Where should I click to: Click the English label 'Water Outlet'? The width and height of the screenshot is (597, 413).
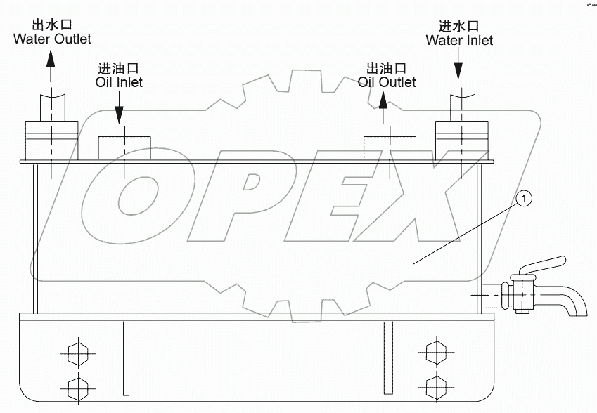point(52,39)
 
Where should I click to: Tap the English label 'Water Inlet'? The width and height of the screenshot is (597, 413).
point(459,40)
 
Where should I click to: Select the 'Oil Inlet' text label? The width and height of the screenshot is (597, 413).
point(119,82)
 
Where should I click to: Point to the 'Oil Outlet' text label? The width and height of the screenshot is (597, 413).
point(387,82)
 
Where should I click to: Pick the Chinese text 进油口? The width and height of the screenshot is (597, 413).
point(119,69)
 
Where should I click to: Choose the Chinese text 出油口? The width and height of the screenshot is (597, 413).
point(387,69)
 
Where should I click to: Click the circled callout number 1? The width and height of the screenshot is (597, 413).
point(524,199)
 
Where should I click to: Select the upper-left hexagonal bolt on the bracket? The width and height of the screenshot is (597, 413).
point(75,352)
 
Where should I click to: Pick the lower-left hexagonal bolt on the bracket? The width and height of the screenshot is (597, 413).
point(75,386)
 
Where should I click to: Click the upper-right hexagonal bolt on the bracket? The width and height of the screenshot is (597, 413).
point(436,352)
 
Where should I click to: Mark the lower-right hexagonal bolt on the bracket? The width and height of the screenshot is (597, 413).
point(436,386)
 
